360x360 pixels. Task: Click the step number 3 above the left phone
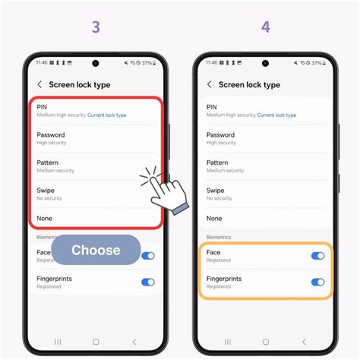click(96, 27)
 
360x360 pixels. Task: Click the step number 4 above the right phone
click(265, 27)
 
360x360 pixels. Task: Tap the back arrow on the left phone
click(39, 85)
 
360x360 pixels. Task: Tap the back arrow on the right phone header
click(210, 85)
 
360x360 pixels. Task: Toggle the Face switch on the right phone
click(317, 256)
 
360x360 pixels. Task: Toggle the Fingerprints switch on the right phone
click(317, 282)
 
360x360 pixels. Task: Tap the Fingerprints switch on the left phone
click(148, 282)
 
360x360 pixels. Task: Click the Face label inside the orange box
click(214, 252)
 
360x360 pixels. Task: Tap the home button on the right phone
click(265, 342)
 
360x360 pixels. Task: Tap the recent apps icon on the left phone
click(58, 342)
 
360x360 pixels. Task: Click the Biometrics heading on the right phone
click(219, 237)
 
